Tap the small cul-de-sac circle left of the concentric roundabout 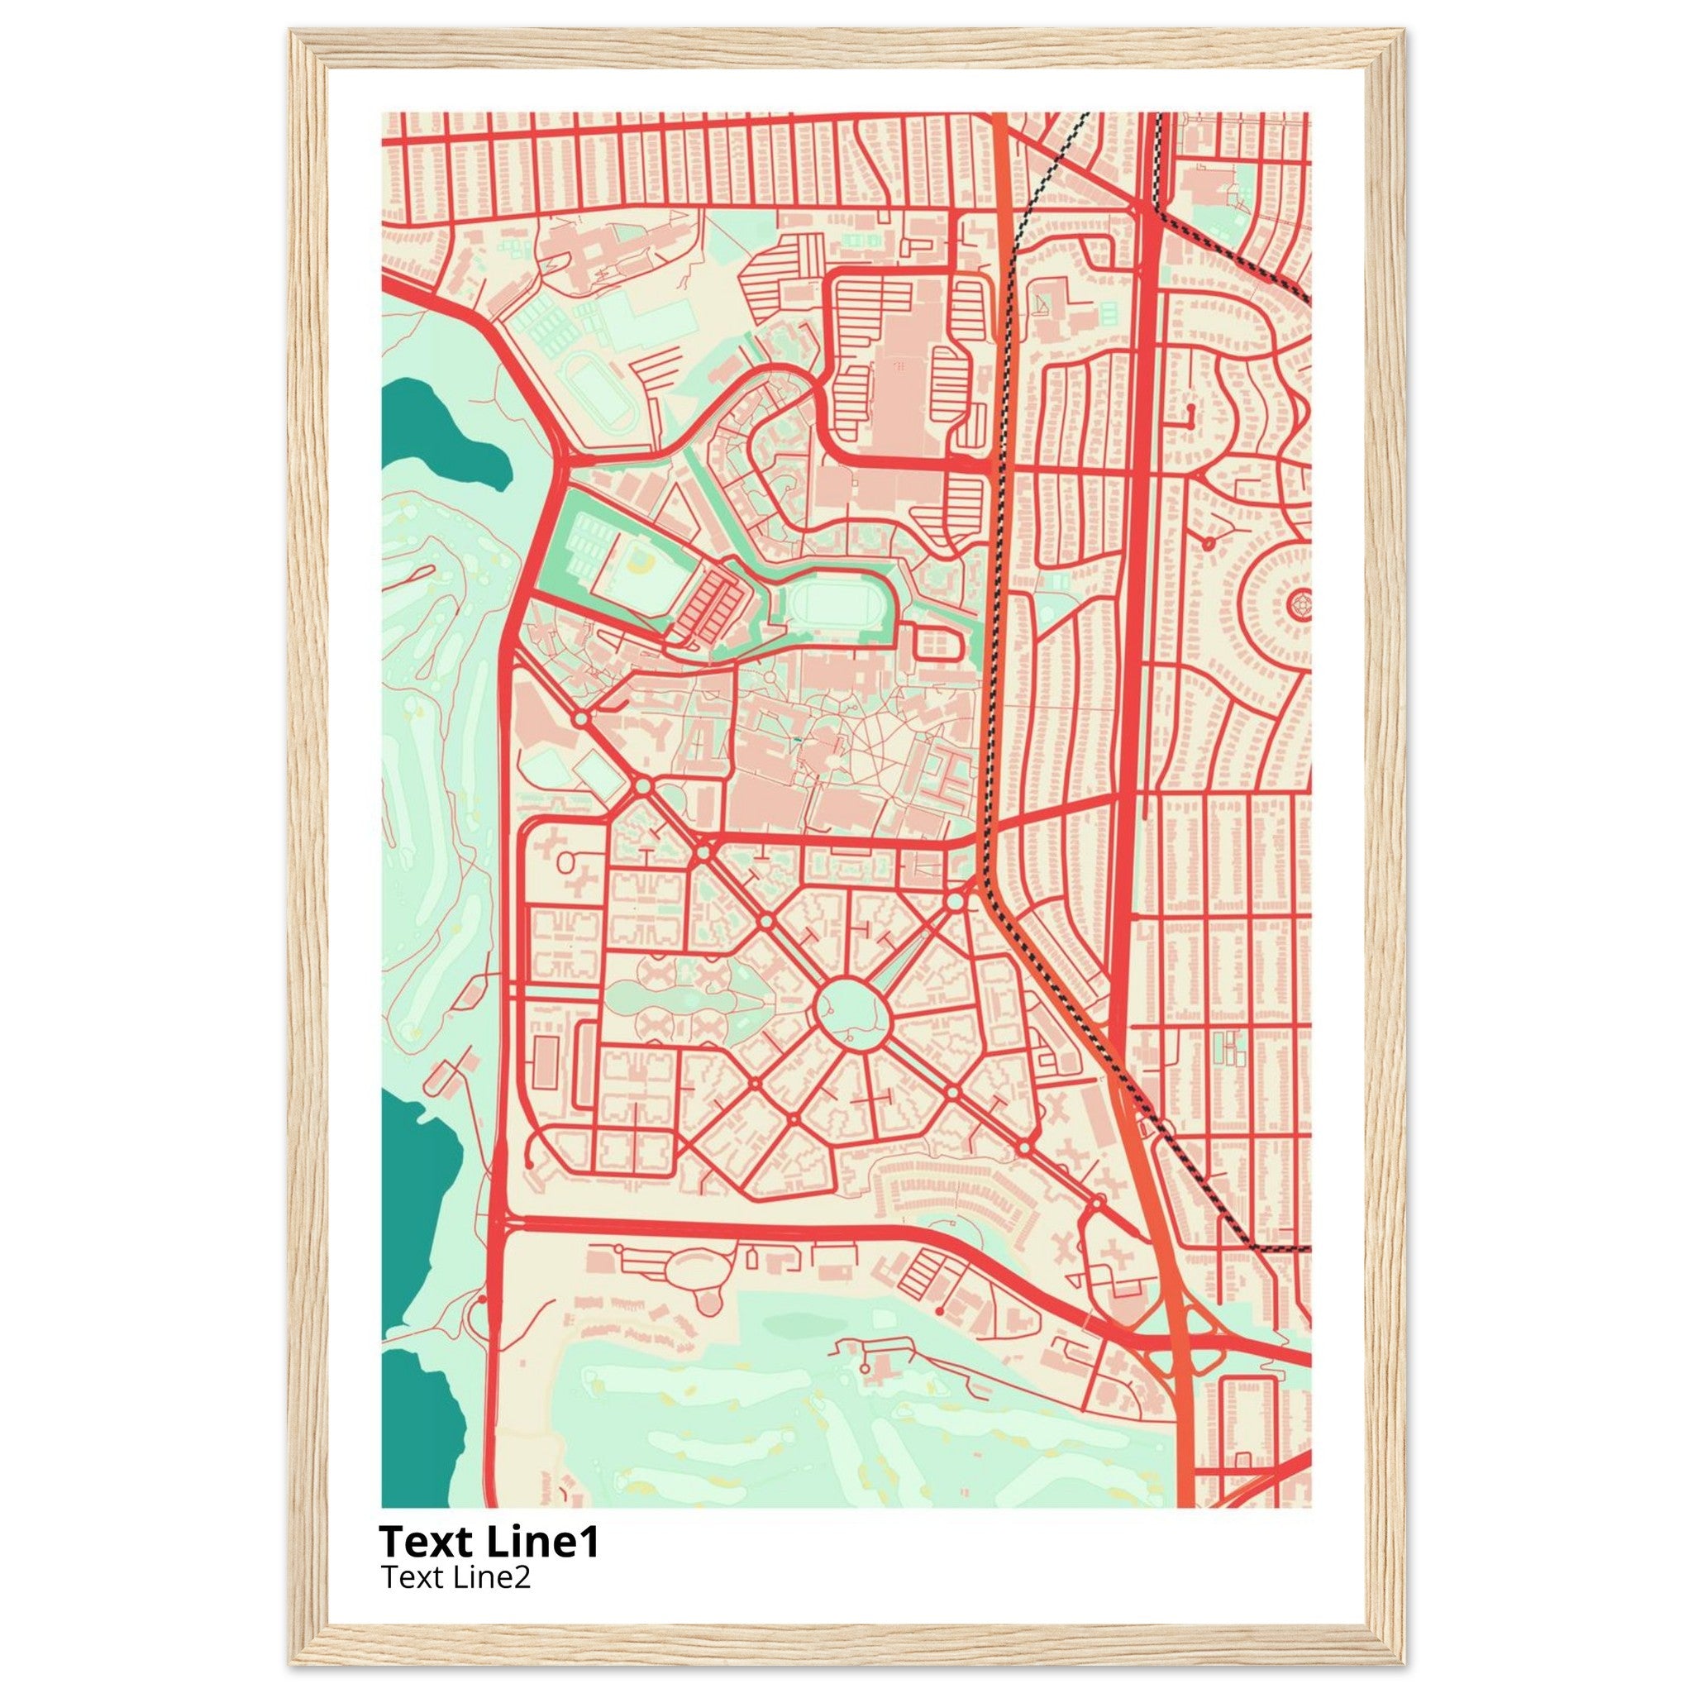coord(1209,544)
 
